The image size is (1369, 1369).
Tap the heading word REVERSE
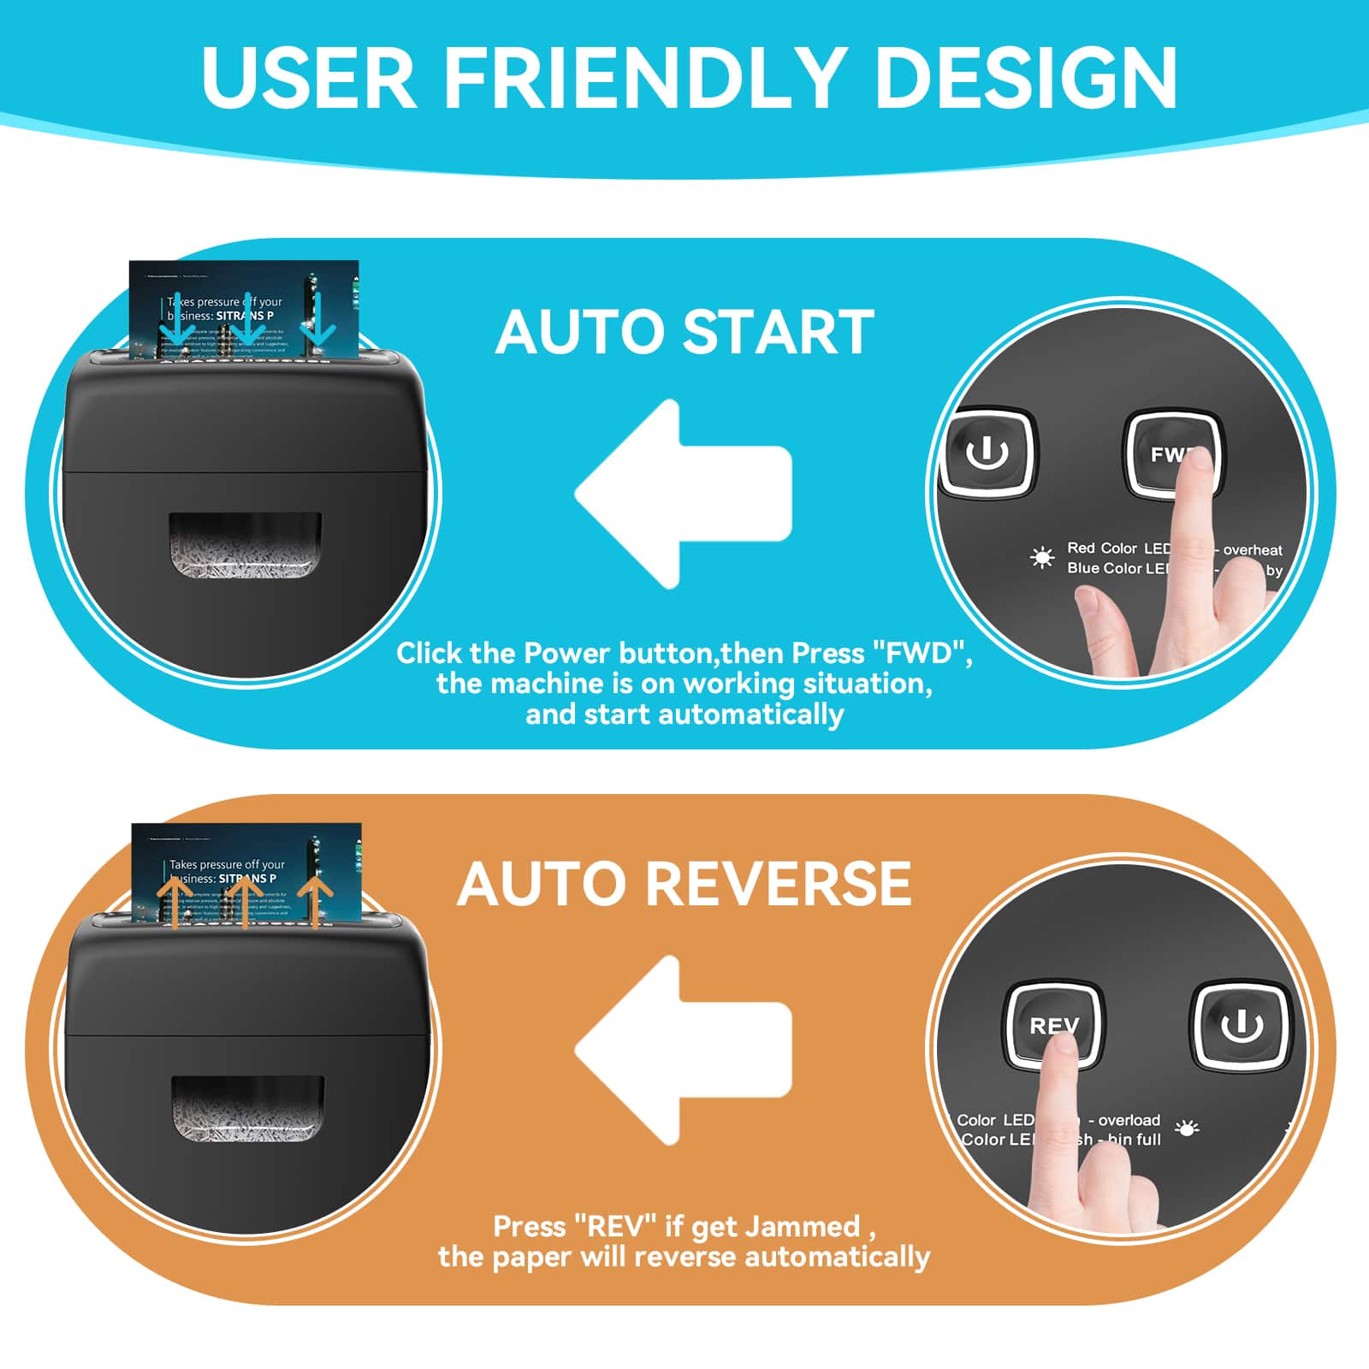click(x=778, y=883)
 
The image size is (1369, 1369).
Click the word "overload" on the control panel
click(x=1129, y=1120)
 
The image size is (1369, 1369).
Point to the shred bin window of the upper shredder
click(x=245, y=545)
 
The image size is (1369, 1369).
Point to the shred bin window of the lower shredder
click(x=248, y=1108)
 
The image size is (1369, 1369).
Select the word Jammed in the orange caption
click(x=802, y=1227)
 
